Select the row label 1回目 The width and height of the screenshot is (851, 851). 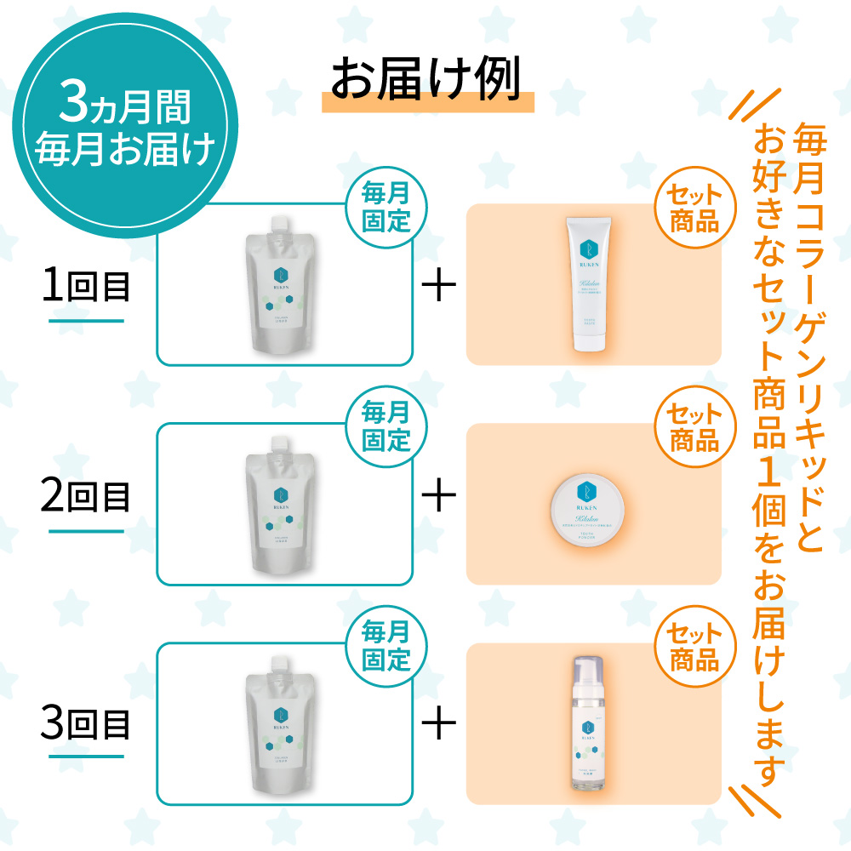click(86, 288)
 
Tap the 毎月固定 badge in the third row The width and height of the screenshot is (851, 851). click(386, 647)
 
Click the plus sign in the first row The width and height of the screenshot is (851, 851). click(439, 288)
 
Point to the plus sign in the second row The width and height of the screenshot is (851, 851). click(439, 497)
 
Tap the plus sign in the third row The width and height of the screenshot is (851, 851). click(439, 724)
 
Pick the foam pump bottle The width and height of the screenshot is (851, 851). click(586, 723)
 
